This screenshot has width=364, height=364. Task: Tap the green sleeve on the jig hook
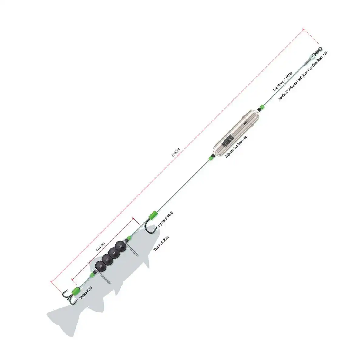click(152, 215)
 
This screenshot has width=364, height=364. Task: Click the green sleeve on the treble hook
click(75, 292)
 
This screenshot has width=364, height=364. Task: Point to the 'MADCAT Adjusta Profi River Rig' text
click(303, 76)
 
